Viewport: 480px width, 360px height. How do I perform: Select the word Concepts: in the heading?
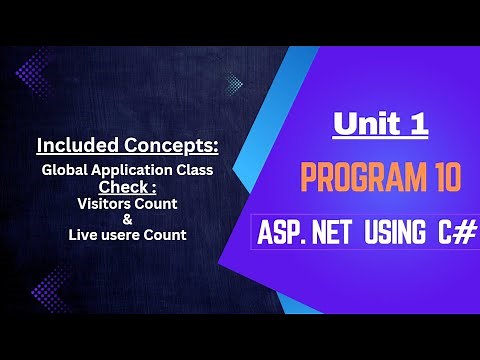(171, 146)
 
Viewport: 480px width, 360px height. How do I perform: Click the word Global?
(64, 170)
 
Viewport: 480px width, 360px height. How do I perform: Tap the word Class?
(193, 170)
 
